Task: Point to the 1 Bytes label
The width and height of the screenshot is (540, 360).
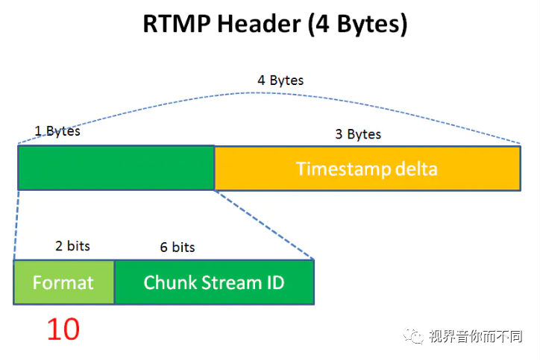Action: pos(57,131)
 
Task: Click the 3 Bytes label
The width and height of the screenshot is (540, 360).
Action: pos(358,134)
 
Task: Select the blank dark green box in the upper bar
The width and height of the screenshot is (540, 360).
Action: pos(116,168)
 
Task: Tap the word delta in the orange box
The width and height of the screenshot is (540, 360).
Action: pos(415,168)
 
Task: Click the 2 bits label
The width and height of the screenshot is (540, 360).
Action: pos(72,245)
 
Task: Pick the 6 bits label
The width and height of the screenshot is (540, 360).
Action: pos(178,247)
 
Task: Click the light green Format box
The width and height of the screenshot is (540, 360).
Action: pos(63,282)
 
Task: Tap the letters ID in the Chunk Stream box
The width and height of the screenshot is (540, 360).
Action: pos(274,282)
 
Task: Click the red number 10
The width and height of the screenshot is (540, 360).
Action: pos(63,329)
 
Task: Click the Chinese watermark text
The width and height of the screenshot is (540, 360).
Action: pos(475,336)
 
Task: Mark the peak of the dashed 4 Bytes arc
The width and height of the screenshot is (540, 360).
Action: pos(261,92)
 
